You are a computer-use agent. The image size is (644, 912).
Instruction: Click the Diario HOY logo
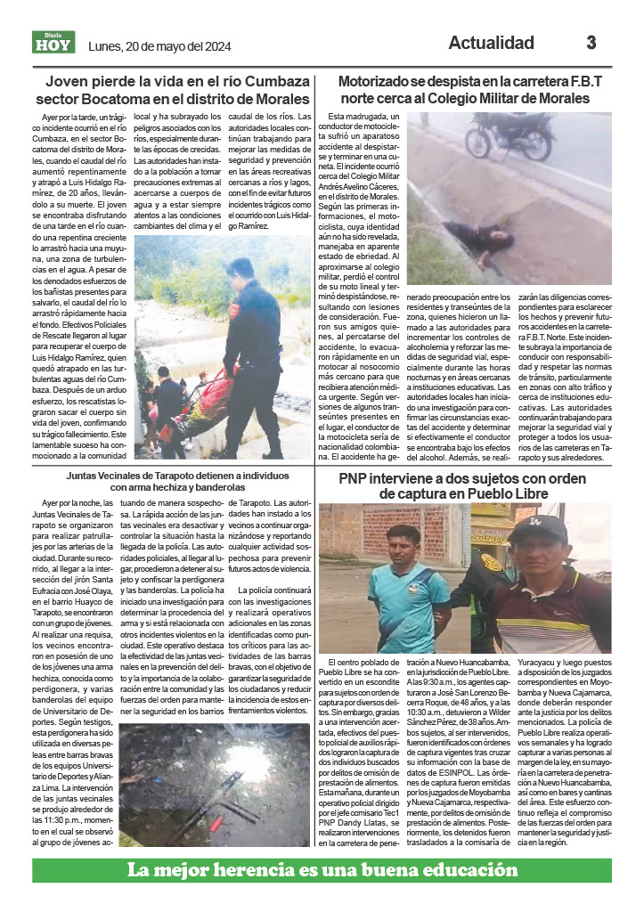coord(53,42)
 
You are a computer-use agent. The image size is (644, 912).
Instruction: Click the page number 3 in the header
coord(591,43)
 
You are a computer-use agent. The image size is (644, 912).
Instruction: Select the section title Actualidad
coord(491,43)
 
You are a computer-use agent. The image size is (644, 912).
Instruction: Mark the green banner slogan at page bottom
coord(322,870)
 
